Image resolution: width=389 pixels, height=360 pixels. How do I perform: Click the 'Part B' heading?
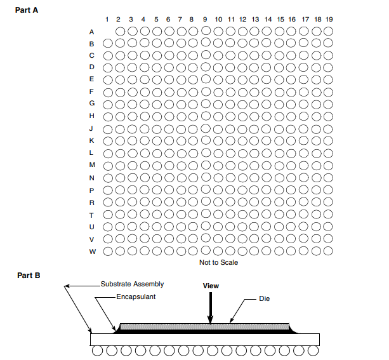click(x=27, y=276)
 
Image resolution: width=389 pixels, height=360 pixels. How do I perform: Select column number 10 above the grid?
click(x=218, y=20)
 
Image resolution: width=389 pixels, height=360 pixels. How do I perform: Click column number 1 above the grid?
click(x=107, y=20)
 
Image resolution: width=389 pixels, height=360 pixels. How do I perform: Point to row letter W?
click(x=92, y=251)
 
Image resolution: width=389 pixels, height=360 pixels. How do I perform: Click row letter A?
click(x=92, y=31)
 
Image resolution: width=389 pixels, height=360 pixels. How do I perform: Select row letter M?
click(x=92, y=165)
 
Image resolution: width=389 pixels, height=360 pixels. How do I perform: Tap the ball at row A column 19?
click(x=329, y=31)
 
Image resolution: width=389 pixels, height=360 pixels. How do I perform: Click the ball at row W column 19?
click(x=329, y=251)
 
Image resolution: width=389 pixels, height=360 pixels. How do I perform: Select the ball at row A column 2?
click(x=120, y=31)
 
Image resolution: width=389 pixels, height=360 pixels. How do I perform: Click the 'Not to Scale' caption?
click(x=218, y=262)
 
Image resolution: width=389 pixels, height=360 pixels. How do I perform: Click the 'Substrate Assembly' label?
click(x=132, y=284)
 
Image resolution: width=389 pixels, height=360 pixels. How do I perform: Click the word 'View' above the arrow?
click(x=211, y=286)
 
